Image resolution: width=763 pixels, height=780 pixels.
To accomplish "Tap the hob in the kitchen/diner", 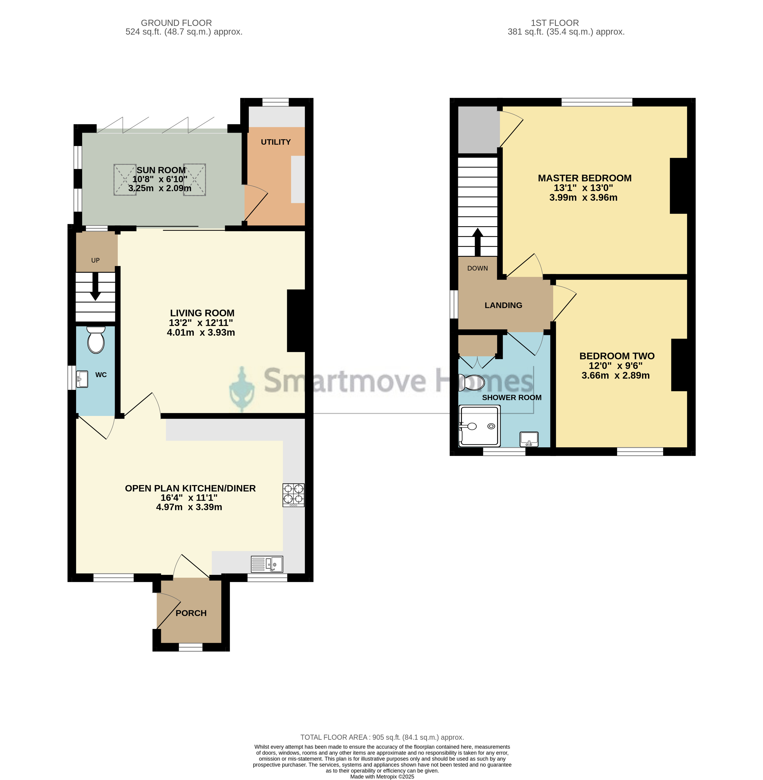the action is tap(293, 495).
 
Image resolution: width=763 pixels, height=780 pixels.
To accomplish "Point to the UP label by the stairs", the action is tap(95, 260).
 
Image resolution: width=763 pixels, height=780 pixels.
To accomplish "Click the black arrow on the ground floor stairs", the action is tap(95, 286).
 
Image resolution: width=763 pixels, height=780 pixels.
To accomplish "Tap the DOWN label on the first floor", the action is tap(477, 268).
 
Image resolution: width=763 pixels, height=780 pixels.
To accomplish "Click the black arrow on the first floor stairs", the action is tap(477, 242).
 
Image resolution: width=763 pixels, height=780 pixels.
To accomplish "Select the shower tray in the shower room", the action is tap(480, 426).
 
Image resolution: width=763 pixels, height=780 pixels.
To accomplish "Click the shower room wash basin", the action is tap(529, 439).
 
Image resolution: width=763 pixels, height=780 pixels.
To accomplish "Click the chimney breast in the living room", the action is tap(296, 321).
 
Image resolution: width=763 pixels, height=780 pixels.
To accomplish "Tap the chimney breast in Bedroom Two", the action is tap(680, 365).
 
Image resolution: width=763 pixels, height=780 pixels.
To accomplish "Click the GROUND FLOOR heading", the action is tap(176, 23).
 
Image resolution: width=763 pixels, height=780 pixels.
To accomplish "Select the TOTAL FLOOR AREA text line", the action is tap(382, 737).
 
